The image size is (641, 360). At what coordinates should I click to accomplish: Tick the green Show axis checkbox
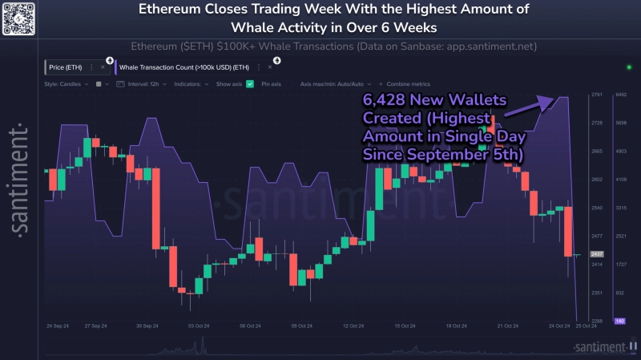251,83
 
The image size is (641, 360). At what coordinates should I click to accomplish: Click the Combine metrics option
409,83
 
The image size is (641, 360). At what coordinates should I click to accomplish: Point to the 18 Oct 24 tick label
456,326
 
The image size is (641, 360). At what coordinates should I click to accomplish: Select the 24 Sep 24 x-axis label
61,326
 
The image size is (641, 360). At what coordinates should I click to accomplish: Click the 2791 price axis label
596,95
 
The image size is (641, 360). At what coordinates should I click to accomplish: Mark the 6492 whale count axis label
620,95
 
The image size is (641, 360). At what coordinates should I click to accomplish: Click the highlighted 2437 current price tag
596,253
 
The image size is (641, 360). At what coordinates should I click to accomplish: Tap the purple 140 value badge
619,321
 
